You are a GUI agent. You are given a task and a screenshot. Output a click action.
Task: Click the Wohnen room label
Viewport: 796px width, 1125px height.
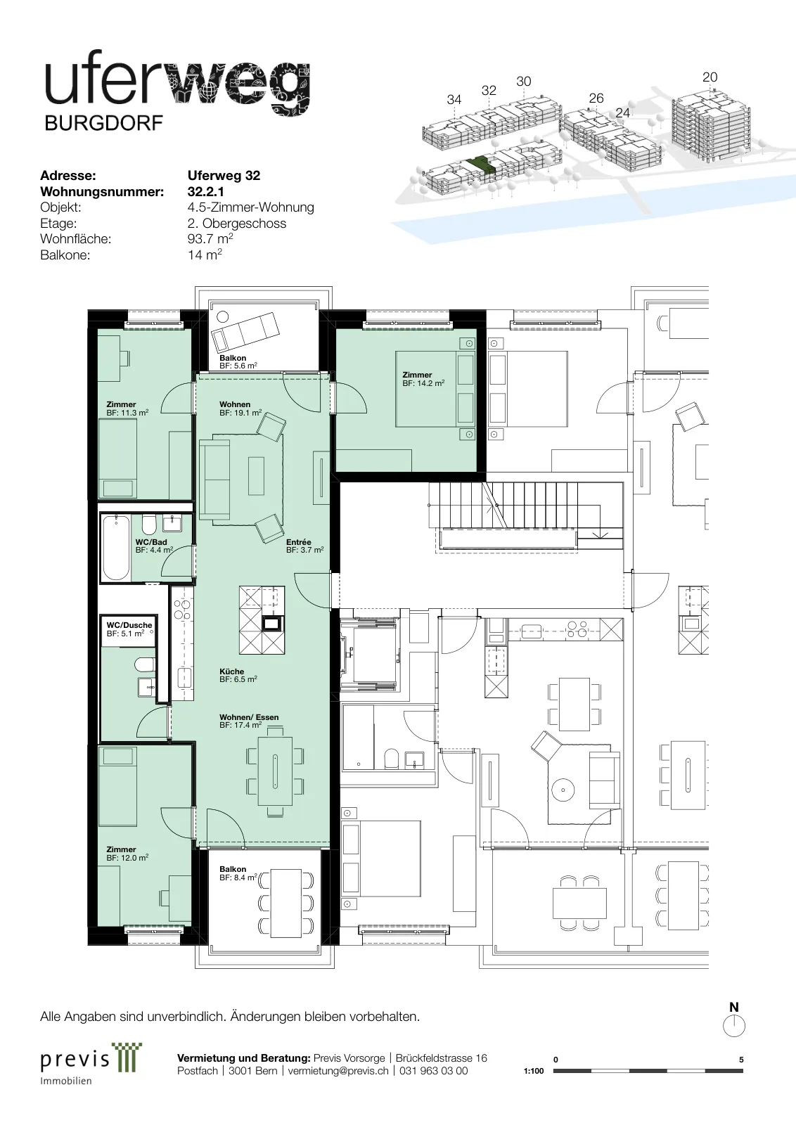[235, 404]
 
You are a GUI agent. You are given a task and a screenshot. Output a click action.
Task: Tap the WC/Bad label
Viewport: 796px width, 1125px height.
[151, 542]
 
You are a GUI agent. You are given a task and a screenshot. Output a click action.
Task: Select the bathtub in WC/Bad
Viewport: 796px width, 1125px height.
[115, 548]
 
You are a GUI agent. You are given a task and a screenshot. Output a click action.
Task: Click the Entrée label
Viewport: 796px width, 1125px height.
[299, 542]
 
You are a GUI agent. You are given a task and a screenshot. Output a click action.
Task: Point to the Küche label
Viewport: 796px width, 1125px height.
[231, 671]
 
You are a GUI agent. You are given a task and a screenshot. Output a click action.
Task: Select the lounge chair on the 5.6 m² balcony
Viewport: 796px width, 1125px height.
[246, 331]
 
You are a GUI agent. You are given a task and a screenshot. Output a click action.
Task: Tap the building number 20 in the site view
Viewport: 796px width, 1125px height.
[710, 77]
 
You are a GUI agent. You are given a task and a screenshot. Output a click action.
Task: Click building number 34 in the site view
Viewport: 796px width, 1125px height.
[454, 99]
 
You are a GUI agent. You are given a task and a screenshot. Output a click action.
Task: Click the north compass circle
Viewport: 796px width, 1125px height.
[733, 1027]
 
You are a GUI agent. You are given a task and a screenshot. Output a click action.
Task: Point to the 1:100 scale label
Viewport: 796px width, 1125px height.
[533, 1071]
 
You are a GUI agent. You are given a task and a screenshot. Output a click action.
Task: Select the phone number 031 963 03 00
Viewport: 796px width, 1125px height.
[433, 1071]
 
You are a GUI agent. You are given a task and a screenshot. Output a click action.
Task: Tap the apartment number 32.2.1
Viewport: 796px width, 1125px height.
[206, 191]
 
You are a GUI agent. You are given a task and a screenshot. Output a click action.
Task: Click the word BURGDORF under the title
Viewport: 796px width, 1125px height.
[104, 123]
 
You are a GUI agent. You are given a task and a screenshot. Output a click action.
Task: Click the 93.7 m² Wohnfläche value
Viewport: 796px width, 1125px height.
[210, 238]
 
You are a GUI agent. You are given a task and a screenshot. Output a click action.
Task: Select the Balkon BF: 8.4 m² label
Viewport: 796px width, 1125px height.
[238, 873]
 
